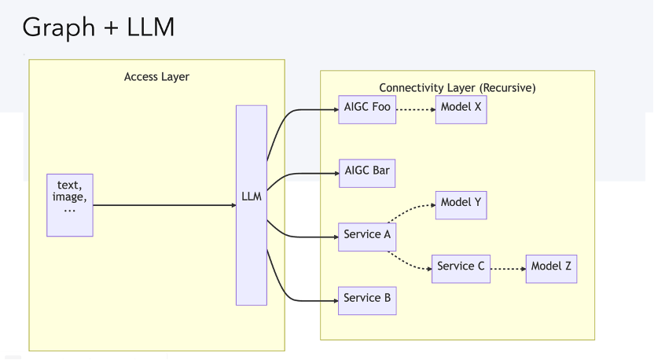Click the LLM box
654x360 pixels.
click(252, 204)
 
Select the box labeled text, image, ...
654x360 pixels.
click(70, 205)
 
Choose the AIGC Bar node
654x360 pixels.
click(366, 172)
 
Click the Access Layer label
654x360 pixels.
click(156, 77)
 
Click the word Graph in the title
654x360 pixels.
click(54, 28)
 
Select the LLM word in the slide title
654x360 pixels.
click(149, 28)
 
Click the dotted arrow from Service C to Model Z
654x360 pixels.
click(507, 268)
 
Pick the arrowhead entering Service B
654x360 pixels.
click(334, 299)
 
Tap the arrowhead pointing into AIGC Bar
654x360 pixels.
click(334, 173)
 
